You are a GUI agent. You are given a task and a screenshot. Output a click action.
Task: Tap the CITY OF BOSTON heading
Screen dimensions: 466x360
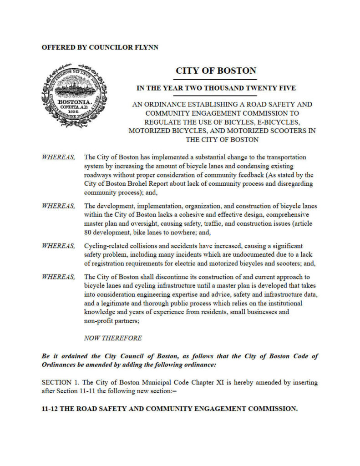(x=216, y=71)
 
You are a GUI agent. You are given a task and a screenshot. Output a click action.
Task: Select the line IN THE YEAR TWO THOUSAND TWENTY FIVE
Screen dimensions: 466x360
(x=216, y=88)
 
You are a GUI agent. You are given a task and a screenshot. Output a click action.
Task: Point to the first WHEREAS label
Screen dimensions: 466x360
(x=58, y=157)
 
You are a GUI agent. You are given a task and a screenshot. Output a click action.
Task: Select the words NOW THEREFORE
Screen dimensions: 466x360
(x=113, y=338)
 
